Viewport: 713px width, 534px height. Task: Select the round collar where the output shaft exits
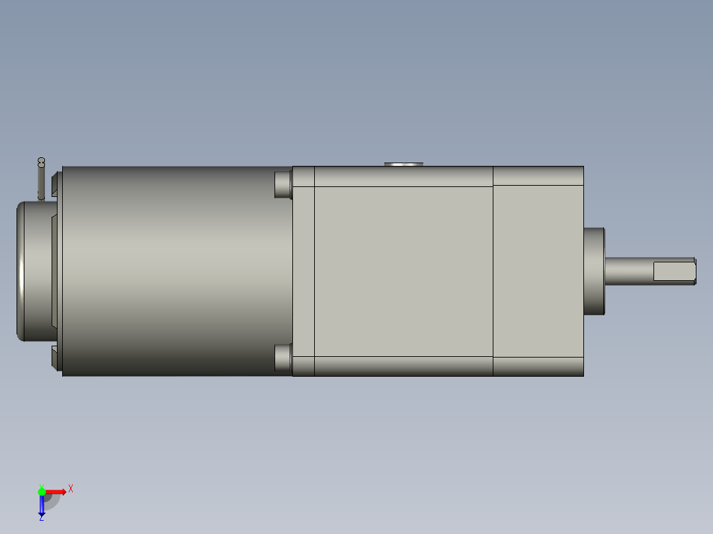(594, 271)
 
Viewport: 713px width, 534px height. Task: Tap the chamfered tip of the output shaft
(694, 271)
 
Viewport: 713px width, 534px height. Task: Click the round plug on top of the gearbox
(403, 163)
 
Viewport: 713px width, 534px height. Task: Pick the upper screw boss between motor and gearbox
(283, 184)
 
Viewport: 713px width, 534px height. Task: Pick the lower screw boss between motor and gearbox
(283, 358)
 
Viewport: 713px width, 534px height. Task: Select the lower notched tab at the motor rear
(56, 357)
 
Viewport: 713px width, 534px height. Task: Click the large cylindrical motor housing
(172, 271)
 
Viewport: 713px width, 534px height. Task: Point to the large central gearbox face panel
(403, 271)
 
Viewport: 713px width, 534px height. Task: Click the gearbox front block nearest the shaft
(538, 271)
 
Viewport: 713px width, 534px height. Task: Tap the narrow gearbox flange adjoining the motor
(304, 271)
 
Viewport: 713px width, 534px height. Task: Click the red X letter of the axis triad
(71, 488)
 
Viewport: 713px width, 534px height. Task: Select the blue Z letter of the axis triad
(41, 518)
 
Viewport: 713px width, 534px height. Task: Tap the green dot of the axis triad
(42, 491)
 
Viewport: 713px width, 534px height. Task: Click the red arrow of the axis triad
(57, 491)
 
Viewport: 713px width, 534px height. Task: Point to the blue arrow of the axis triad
(42, 506)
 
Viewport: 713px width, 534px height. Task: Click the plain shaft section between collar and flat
(628, 271)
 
